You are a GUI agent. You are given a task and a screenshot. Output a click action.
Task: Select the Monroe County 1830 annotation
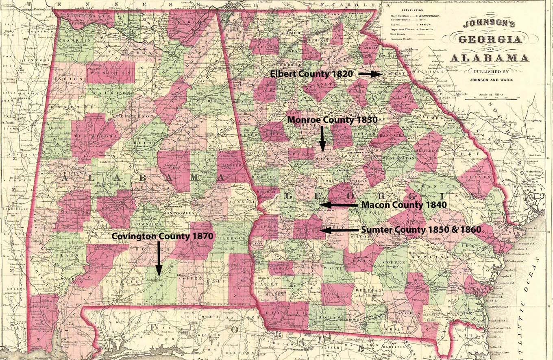tap(333, 120)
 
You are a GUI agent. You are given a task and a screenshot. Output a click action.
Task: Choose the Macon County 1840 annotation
tap(404, 205)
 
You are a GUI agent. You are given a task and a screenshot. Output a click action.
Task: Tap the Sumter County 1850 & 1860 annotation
tap(421, 230)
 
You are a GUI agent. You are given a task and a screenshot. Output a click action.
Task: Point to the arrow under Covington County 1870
tap(159, 260)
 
